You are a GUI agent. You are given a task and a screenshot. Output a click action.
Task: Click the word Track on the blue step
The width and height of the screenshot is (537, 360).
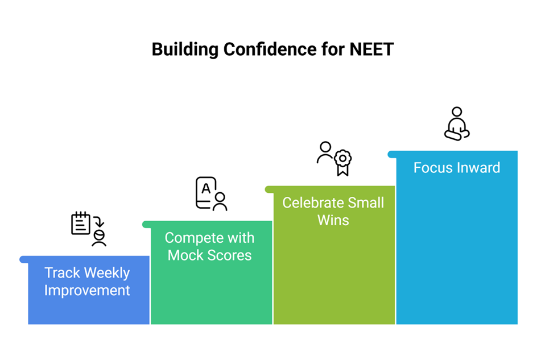(63, 273)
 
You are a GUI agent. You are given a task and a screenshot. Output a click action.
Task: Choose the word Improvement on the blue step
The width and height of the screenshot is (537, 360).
(87, 291)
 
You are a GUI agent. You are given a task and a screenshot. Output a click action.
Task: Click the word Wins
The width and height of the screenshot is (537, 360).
(333, 220)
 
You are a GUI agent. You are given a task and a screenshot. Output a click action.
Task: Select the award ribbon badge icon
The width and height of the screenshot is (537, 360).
(343, 162)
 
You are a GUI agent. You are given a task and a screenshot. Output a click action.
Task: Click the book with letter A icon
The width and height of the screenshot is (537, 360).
(206, 193)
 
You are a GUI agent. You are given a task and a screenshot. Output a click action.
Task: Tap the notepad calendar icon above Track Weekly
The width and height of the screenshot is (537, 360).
(81, 223)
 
